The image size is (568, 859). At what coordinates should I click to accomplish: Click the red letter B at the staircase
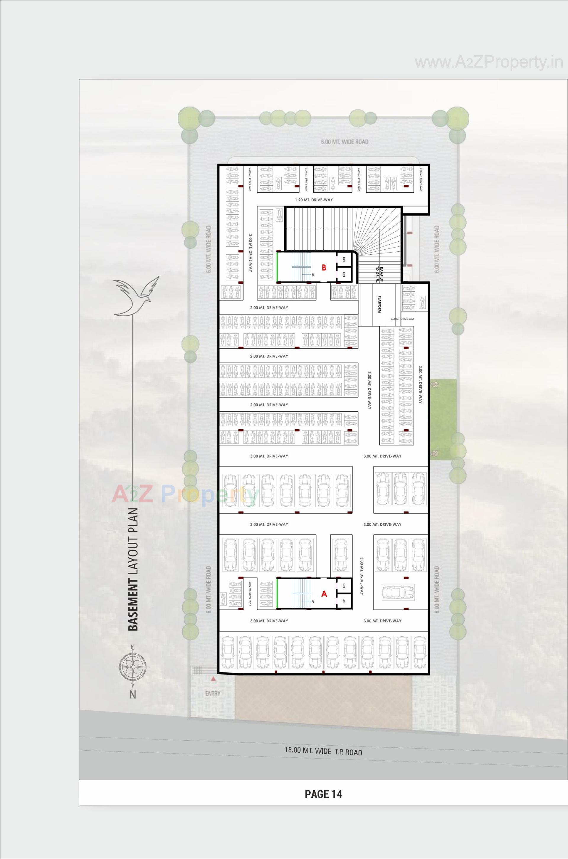[x=324, y=268]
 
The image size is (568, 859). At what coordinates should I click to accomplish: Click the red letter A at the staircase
[x=324, y=594]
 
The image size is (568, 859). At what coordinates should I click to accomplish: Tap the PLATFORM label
[x=379, y=304]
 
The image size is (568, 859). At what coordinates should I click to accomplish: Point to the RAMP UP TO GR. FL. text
[x=379, y=274]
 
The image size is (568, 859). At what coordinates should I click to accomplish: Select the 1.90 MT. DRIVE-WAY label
[x=314, y=200]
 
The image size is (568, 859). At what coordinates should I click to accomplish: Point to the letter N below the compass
[x=133, y=695]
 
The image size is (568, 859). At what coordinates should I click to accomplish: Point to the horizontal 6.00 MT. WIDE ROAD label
[x=344, y=142]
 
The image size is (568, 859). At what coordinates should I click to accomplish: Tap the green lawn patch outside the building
[x=443, y=420]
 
